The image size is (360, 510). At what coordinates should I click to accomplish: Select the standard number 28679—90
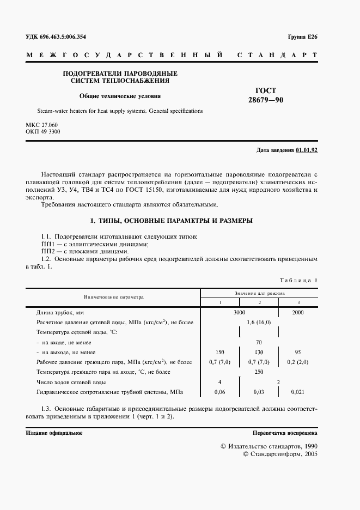point(266,100)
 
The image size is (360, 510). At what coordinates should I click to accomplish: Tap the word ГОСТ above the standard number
point(266,91)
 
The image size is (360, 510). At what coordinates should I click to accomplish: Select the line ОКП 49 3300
point(43,132)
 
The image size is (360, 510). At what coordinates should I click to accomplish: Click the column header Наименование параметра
point(113,297)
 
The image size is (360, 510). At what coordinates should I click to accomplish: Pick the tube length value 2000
point(298,312)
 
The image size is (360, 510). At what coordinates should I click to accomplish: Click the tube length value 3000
point(240,312)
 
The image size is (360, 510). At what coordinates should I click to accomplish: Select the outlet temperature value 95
point(298,352)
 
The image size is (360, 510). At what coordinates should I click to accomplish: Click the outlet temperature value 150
point(220,352)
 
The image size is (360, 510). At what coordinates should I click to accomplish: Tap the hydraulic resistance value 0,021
point(298,392)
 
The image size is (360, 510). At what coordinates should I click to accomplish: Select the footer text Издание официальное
point(54,433)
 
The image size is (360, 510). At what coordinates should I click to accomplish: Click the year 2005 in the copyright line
point(311,453)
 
